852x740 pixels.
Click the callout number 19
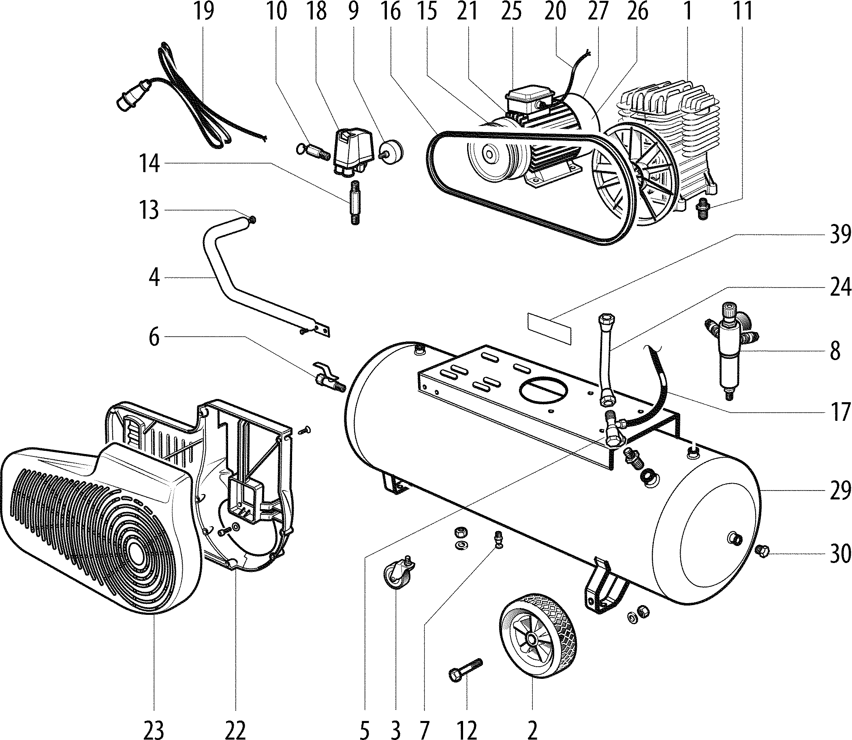tap(204, 11)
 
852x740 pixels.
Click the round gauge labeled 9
tap(391, 152)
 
